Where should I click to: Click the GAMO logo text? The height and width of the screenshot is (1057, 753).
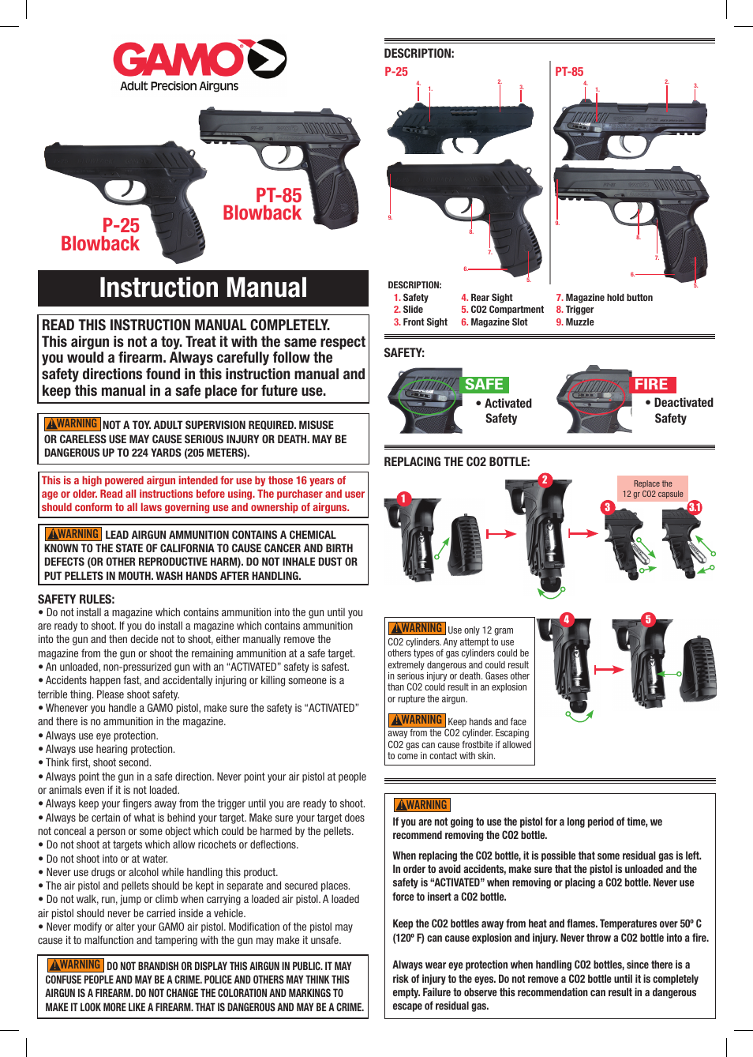tap(179, 60)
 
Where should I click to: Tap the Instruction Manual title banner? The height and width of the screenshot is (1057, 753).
tap(203, 288)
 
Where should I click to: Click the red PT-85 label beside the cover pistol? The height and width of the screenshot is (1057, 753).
tap(279, 195)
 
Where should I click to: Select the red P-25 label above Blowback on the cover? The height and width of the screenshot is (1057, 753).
tap(121, 225)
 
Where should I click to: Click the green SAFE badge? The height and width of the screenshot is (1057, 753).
tap(484, 385)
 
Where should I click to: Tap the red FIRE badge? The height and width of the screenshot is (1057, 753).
tap(651, 385)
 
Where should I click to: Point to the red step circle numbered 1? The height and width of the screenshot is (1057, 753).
tap(404, 498)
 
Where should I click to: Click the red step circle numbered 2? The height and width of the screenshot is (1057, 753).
tap(545, 480)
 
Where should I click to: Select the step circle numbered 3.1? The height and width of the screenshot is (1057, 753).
tap(695, 507)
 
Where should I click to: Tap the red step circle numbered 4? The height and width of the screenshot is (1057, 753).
tap(567, 619)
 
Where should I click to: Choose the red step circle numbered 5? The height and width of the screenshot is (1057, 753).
tap(648, 619)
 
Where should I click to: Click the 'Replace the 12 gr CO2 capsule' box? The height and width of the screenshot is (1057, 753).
tap(653, 489)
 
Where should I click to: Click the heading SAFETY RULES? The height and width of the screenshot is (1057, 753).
tap(77, 599)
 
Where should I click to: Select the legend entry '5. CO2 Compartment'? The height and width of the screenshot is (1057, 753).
tap(502, 310)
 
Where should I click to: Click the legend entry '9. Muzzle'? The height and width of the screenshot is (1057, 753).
tap(575, 322)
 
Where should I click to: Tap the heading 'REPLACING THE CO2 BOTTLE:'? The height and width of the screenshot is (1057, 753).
tap(457, 462)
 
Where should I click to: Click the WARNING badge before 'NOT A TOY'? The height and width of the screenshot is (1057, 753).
tap(73, 424)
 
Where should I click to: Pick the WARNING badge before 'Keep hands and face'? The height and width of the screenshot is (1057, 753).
tap(417, 720)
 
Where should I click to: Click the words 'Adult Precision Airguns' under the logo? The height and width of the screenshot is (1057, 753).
tap(179, 86)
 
